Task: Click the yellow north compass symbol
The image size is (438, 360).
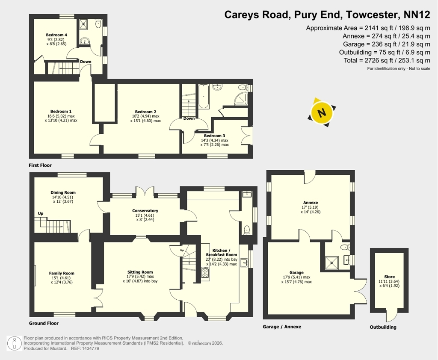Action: tap(322, 112)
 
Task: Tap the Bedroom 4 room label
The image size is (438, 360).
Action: tap(56, 35)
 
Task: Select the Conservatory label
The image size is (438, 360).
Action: tap(145, 211)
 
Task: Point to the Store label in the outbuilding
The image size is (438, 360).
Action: tap(389, 277)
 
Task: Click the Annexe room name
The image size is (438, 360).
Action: tap(311, 203)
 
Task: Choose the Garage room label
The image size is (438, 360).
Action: tap(296, 273)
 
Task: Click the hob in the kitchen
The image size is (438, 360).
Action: tap(205, 272)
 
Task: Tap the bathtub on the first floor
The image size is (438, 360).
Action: tap(204, 96)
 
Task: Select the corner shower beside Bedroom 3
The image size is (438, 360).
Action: tap(241, 99)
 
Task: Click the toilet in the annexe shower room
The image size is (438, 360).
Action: tap(345, 247)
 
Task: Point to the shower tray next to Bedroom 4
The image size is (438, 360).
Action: tap(83, 24)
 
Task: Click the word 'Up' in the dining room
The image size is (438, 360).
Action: tap(41, 213)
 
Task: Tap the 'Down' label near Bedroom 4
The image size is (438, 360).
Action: tap(86, 62)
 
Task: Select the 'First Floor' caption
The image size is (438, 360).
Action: tap(40, 165)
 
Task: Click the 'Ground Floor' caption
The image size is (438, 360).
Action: tap(44, 323)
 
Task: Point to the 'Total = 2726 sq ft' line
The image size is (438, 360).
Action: tap(387, 60)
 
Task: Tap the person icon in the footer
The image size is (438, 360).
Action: tap(15, 343)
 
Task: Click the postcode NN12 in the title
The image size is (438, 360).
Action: tap(417, 15)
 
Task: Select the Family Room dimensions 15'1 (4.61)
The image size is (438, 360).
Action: tap(61, 278)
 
